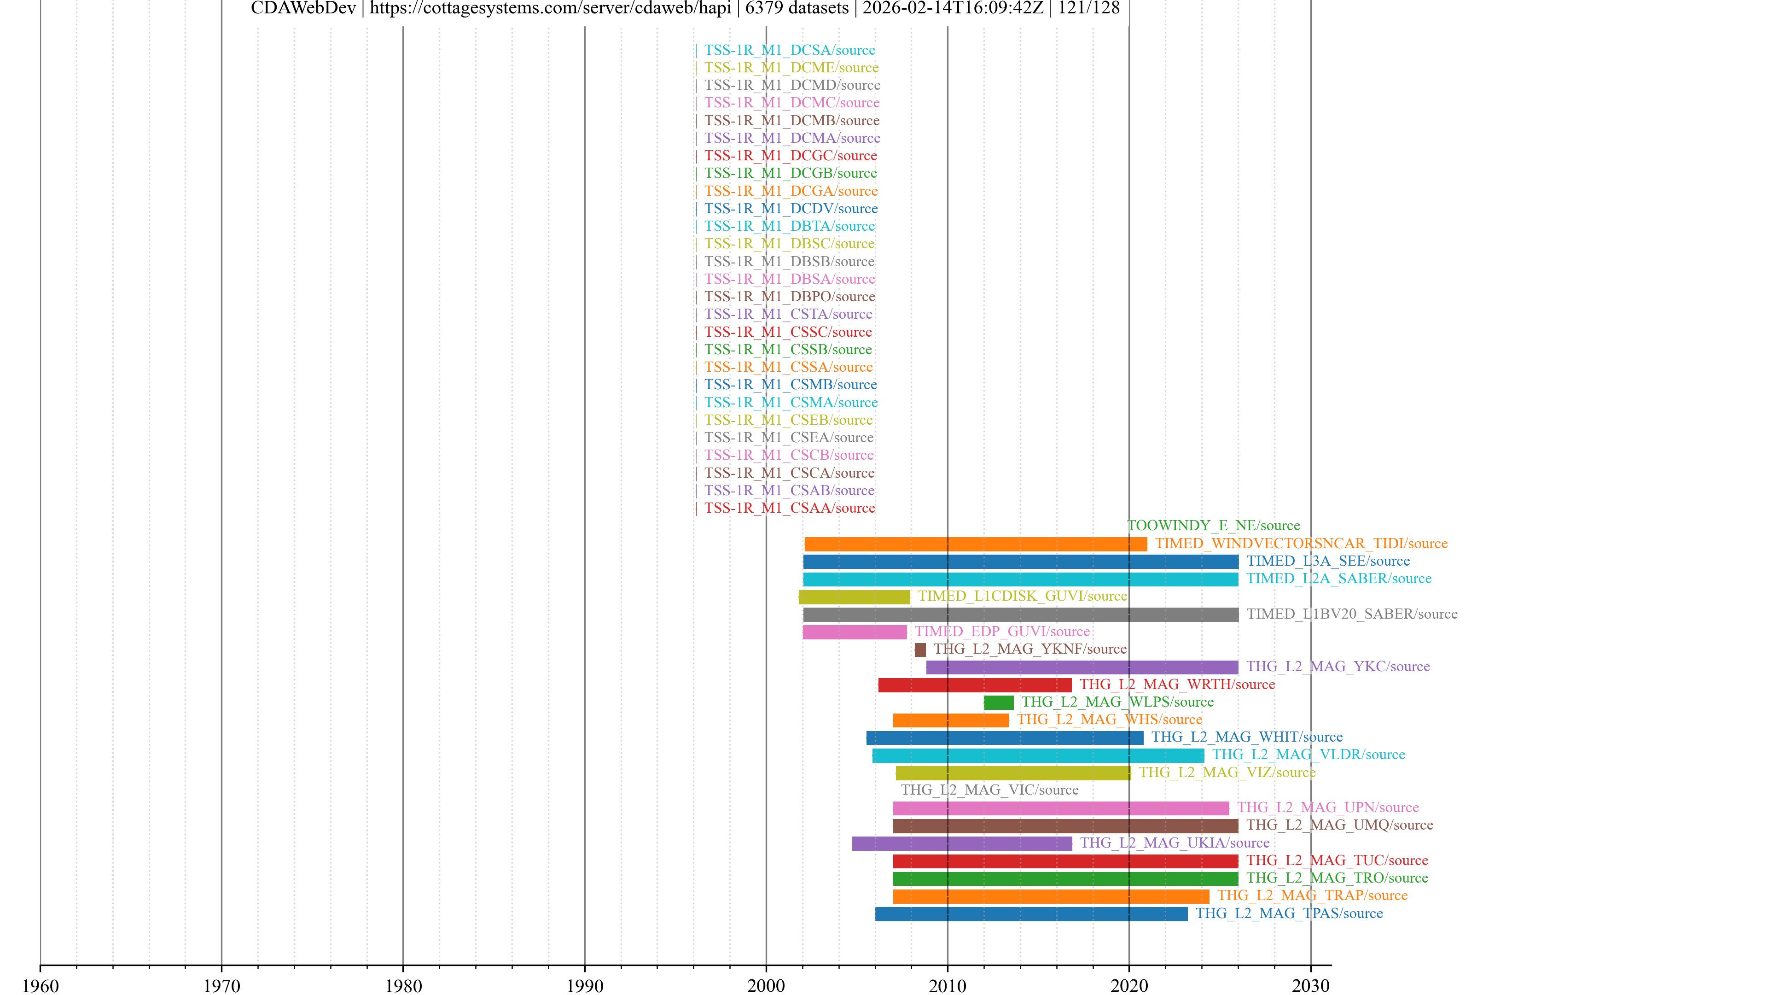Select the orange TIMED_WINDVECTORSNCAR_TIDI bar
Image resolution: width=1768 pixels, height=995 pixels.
tap(975, 544)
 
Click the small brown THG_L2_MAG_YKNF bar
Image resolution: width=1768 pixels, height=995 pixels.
tap(920, 650)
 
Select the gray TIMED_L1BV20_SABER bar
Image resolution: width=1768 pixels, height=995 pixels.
tap(1021, 615)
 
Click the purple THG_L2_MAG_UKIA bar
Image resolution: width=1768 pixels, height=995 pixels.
tap(961, 844)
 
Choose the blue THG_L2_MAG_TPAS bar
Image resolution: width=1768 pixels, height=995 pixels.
tap(1031, 914)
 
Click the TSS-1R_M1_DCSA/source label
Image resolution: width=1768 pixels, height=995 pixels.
tap(789, 50)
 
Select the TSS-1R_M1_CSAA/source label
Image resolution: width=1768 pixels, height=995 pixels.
tap(789, 508)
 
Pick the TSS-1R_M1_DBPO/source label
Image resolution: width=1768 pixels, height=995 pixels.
tap(789, 297)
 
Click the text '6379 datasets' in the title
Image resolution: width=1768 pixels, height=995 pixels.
tap(796, 8)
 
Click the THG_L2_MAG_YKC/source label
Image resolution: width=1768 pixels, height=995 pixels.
tap(1338, 667)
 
